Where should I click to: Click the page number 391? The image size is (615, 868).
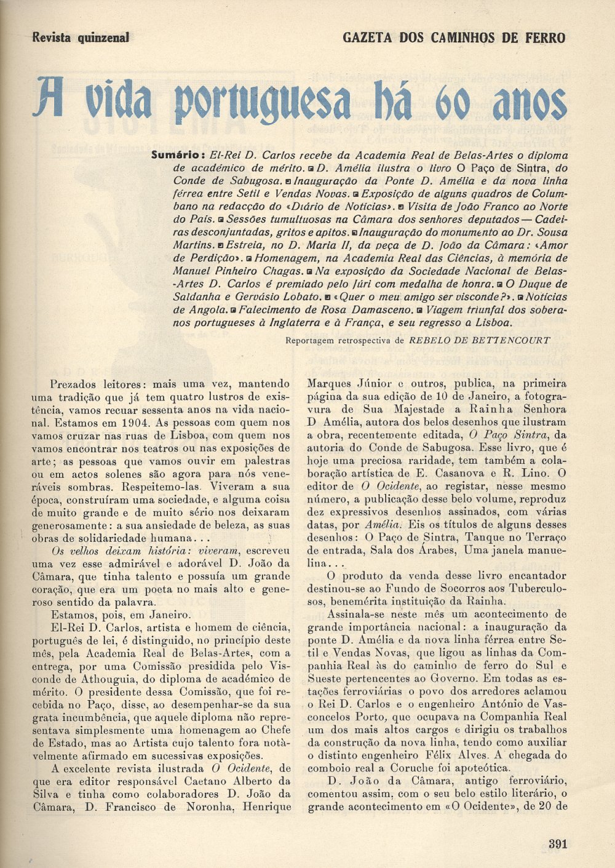click(x=557, y=844)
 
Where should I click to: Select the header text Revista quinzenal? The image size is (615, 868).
click(x=81, y=38)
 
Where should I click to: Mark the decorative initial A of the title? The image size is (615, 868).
click(x=48, y=98)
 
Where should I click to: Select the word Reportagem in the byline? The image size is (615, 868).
click(x=313, y=340)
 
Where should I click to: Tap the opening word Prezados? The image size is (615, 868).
click(x=78, y=384)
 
